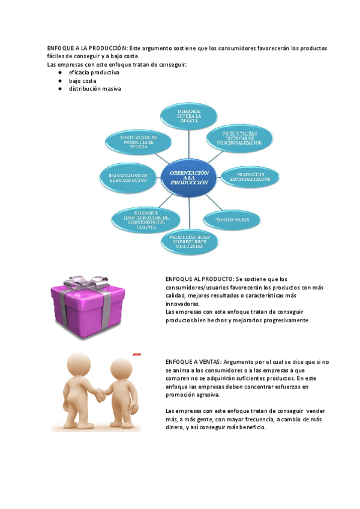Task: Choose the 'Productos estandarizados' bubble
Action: click(250, 176)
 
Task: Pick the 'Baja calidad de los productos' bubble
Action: click(128, 177)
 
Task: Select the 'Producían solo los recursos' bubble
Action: click(189, 241)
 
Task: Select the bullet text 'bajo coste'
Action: click(82, 80)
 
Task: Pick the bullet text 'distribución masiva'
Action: click(95, 89)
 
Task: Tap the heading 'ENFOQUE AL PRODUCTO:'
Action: click(200, 279)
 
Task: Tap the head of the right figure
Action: click(117, 369)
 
